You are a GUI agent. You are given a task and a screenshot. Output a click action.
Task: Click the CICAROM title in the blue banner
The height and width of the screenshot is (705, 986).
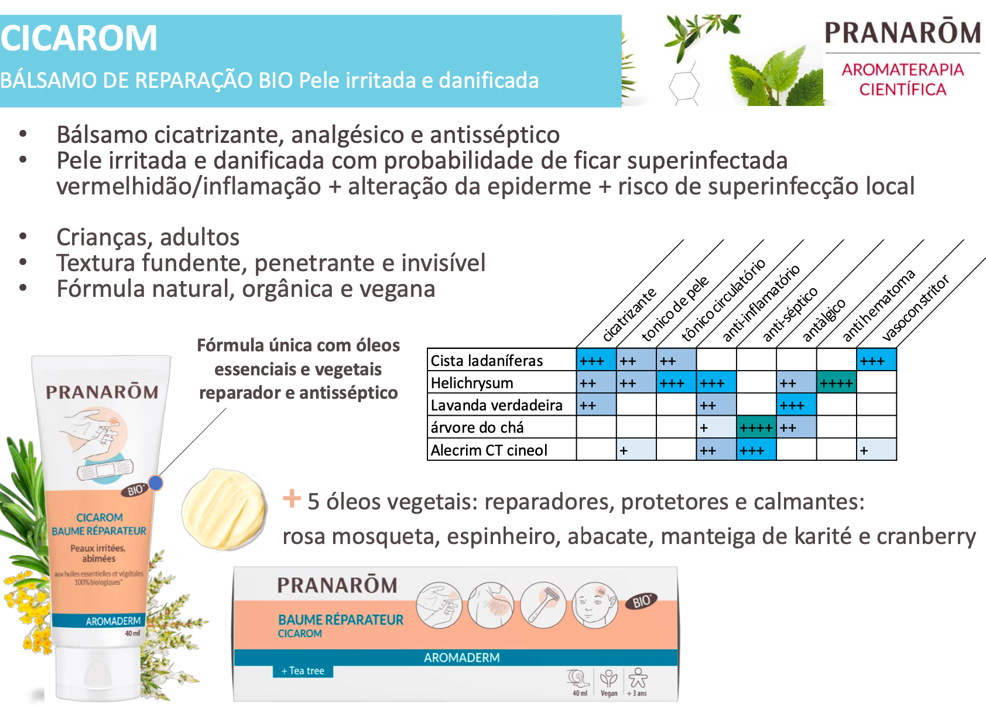pyautogui.click(x=79, y=39)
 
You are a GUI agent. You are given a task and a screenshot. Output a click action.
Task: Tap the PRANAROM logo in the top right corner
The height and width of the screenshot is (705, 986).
pyautogui.click(x=902, y=33)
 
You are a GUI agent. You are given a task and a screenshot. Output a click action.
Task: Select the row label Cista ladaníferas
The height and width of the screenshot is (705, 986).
pyautogui.click(x=487, y=361)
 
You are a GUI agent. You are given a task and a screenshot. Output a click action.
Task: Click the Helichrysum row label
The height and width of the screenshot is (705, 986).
pyautogui.click(x=472, y=383)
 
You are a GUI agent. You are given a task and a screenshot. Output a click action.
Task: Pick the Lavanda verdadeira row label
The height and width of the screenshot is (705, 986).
pyautogui.click(x=497, y=405)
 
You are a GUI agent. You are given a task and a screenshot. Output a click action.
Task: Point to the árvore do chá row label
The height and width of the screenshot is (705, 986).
pyautogui.click(x=477, y=427)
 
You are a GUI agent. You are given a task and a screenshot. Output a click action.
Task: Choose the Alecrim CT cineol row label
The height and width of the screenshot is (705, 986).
pyautogui.click(x=489, y=450)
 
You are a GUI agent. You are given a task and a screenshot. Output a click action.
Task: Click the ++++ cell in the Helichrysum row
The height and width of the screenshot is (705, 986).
pyautogui.click(x=836, y=383)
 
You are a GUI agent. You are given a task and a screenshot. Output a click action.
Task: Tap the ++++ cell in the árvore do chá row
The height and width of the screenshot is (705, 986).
pyautogui.click(x=756, y=427)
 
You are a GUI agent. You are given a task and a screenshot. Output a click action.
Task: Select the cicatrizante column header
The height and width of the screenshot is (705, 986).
pyautogui.click(x=629, y=315)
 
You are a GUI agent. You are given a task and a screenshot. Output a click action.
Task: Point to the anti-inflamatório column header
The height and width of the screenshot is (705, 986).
pyautogui.click(x=761, y=303)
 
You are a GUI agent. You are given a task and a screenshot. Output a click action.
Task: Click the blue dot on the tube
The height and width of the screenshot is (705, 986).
pyautogui.click(x=156, y=482)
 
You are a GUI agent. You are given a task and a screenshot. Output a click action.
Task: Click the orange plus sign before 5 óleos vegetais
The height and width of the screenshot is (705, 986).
pyautogui.click(x=292, y=498)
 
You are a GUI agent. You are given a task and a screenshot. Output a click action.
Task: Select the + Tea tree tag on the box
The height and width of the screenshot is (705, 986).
pyautogui.click(x=303, y=671)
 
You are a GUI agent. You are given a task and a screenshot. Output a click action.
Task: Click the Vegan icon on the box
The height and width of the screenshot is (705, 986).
pyautogui.click(x=609, y=683)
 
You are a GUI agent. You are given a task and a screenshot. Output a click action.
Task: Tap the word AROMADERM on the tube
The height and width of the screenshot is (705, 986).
pyautogui.click(x=113, y=621)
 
